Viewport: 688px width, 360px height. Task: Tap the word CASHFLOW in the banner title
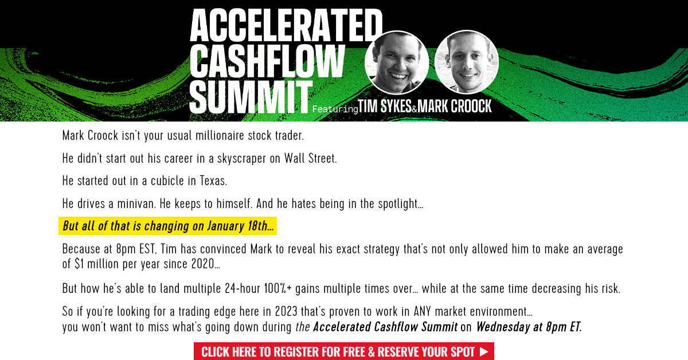click(267, 61)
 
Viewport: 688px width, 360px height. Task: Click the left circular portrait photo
click(397, 62)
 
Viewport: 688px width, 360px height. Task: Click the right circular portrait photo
click(467, 62)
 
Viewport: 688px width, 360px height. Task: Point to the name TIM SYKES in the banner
click(385, 107)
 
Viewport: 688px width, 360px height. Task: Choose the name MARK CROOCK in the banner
click(455, 106)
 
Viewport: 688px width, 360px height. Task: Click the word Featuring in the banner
click(335, 109)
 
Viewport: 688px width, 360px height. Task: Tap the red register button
click(344, 351)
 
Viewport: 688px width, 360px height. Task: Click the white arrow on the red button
click(484, 351)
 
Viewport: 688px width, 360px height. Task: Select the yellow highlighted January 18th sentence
click(167, 226)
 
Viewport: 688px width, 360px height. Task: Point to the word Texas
click(213, 181)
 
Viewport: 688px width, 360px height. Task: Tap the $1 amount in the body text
click(79, 264)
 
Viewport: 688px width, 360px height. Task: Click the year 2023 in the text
click(286, 311)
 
